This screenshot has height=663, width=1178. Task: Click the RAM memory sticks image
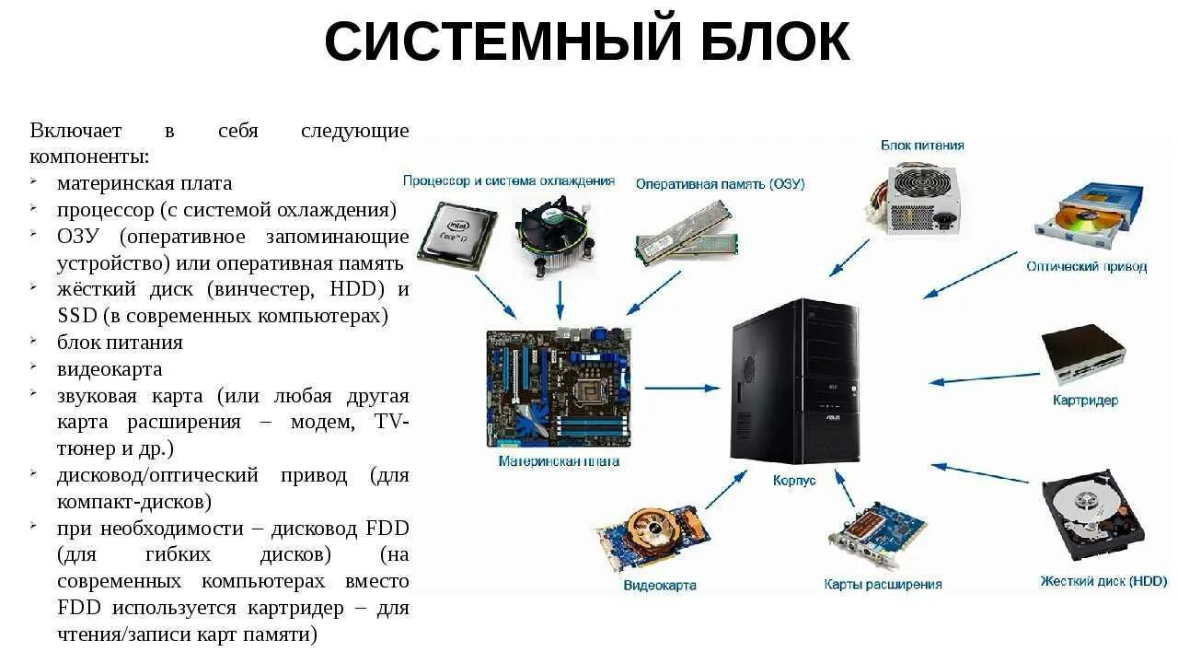pyautogui.click(x=687, y=235)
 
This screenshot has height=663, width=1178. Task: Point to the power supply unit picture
pyautogui.click(x=912, y=197)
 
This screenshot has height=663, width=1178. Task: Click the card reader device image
pyautogui.click(x=1083, y=355)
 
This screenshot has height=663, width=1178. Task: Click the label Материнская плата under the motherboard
pyautogui.click(x=559, y=460)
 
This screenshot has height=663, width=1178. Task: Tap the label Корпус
pyautogui.click(x=794, y=481)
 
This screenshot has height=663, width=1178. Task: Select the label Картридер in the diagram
pyautogui.click(x=1085, y=401)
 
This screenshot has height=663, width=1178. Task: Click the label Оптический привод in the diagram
pyautogui.click(x=1086, y=267)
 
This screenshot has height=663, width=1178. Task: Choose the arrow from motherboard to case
pyautogui.click(x=681, y=388)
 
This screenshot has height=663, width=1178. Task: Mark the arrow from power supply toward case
pyautogui.click(x=849, y=257)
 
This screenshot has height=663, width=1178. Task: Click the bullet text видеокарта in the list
pyautogui.click(x=110, y=369)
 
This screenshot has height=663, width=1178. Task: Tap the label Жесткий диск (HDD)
pyautogui.click(x=1103, y=581)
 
